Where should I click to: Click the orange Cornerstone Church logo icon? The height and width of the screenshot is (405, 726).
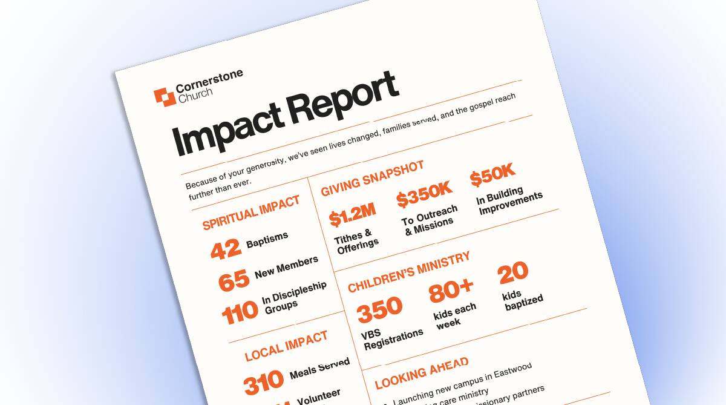click(x=164, y=97)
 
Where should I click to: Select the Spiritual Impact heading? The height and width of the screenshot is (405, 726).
click(x=251, y=212)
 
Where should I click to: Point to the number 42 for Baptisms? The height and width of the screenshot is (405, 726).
click(x=226, y=248)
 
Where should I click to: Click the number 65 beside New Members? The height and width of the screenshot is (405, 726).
click(x=234, y=279)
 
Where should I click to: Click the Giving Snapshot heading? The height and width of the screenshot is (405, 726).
click(x=372, y=178)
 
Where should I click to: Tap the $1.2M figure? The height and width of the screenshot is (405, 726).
click(x=352, y=214)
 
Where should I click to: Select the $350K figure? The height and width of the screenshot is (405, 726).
click(x=424, y=195)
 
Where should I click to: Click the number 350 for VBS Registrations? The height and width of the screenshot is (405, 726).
click(x=379, y=309)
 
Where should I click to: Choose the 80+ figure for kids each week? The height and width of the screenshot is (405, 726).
click(x=451, y=291)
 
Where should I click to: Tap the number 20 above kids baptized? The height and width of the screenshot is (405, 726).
click(x=513, y=272)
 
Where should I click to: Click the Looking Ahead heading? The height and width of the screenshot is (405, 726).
click(x=422, y=372)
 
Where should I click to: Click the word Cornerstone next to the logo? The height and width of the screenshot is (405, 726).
click(x=209, y=82)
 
